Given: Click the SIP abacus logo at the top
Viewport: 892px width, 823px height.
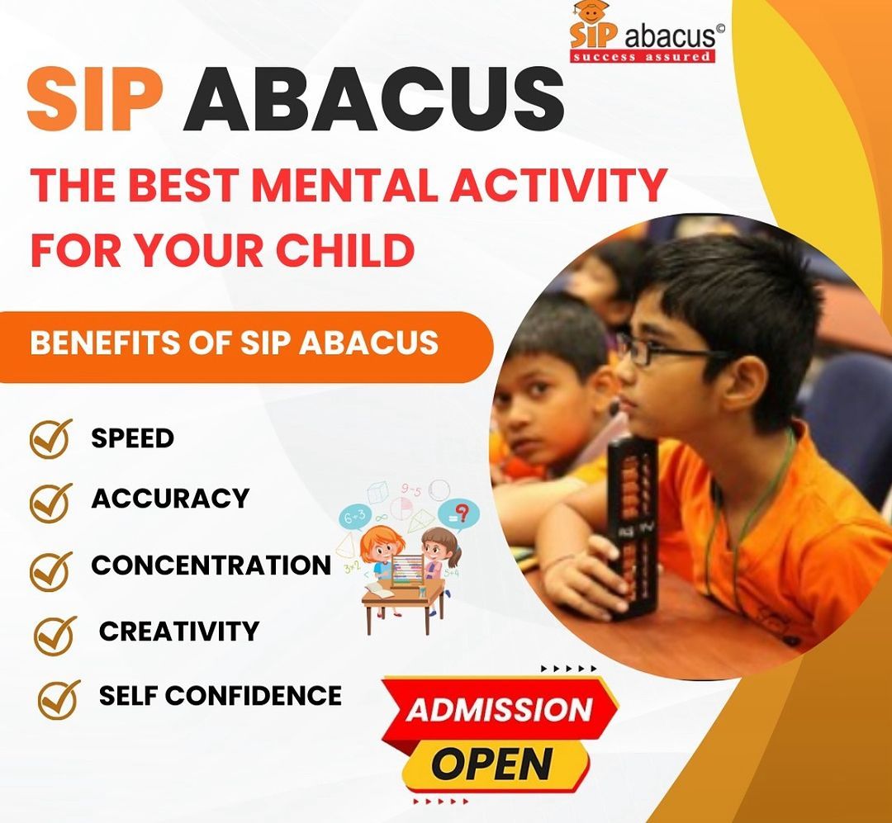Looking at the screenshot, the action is click(x=647, y=32).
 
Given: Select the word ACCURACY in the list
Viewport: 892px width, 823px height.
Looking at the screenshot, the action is click(x=170, y=499).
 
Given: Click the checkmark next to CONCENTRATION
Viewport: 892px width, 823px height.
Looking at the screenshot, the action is click(x=50, y=570).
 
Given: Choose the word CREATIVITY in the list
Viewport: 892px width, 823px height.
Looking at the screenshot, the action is click(x=179, y=631).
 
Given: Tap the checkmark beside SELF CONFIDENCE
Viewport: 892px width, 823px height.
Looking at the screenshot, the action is click(x=59, y=698).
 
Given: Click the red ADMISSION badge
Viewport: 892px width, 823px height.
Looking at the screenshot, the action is click(x=500, y=709).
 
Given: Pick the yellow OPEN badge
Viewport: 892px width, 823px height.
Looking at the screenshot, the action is click(x=495, y=763).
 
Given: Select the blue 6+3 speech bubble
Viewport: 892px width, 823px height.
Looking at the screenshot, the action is click(x=355, y=517).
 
